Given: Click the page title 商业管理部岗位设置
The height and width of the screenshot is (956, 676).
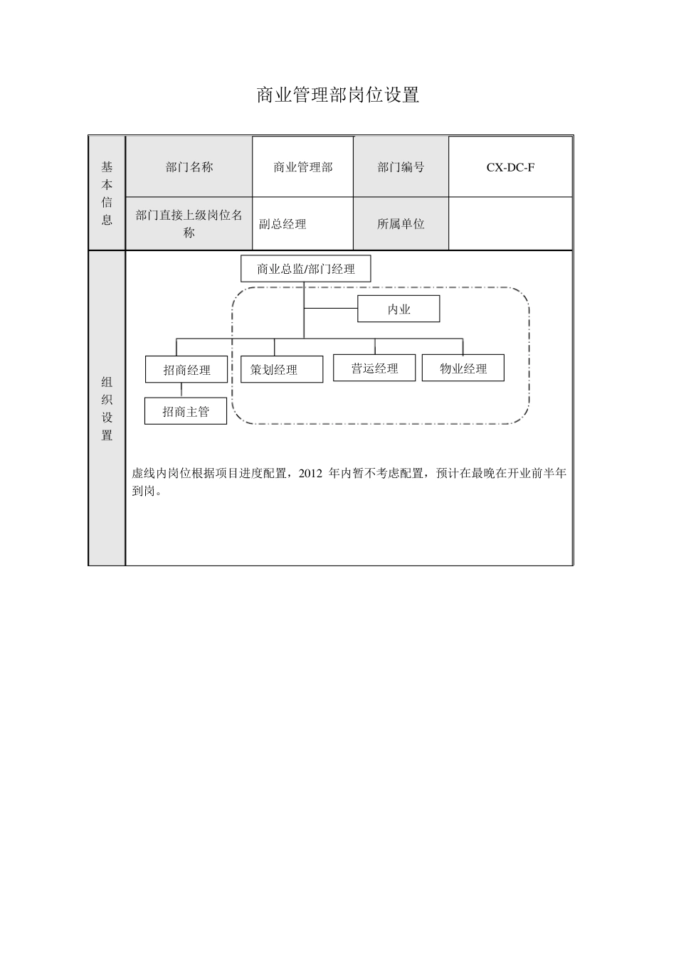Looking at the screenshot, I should coord(337,95).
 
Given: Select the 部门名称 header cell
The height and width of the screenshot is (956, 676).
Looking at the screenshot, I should coord(189,167).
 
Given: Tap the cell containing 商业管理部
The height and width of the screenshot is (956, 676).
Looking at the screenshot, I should coord(303,167).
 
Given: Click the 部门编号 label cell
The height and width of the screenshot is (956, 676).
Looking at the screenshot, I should coord(401,167).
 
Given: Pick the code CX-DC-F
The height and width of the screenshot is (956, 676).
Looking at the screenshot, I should coord(510,167).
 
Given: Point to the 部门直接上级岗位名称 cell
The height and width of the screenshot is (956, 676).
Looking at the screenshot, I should coord(189,223).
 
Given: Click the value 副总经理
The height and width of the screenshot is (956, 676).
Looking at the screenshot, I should coord(282,224).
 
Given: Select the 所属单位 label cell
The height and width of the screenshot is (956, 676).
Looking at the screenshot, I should coord(401,224).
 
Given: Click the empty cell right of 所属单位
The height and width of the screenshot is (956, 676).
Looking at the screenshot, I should coord(510,224).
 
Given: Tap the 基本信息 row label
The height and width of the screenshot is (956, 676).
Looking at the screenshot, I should coord(107,193).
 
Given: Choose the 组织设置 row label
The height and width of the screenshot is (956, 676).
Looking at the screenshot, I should coord(107,408).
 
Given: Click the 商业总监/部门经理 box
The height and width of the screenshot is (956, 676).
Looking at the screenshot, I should coord(306,269).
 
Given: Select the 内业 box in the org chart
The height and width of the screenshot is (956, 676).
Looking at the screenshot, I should coord(398,309).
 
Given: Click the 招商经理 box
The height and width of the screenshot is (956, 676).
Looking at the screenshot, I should coord(186,370).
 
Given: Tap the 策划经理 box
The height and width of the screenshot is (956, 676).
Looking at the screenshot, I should coord(282,370).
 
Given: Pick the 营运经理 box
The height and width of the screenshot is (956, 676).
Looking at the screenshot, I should coord(374,368).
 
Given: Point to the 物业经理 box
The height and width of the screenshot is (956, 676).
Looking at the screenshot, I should coord(463,368).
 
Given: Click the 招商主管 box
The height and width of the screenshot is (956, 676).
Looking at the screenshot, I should coord(186,411).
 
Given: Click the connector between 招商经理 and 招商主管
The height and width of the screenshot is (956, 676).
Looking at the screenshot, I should coord(181,390).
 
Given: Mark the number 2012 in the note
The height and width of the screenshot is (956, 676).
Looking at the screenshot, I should coord(311,473).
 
